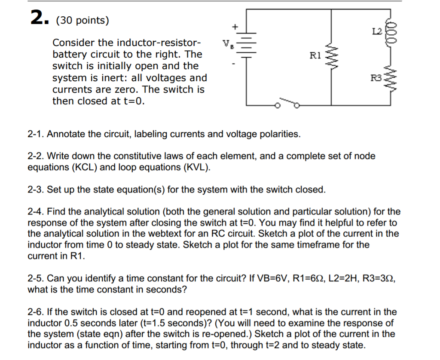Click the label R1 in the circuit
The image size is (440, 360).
point(315,55)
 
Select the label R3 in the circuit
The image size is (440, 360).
point(376,78)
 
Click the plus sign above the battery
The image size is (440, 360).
point(235,26)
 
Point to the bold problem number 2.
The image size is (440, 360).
point(39,18)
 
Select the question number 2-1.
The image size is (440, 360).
point(36,134)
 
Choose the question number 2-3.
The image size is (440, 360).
point(36,189)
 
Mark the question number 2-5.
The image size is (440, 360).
point(36,278)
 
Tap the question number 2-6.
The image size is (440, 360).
point(36,312)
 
